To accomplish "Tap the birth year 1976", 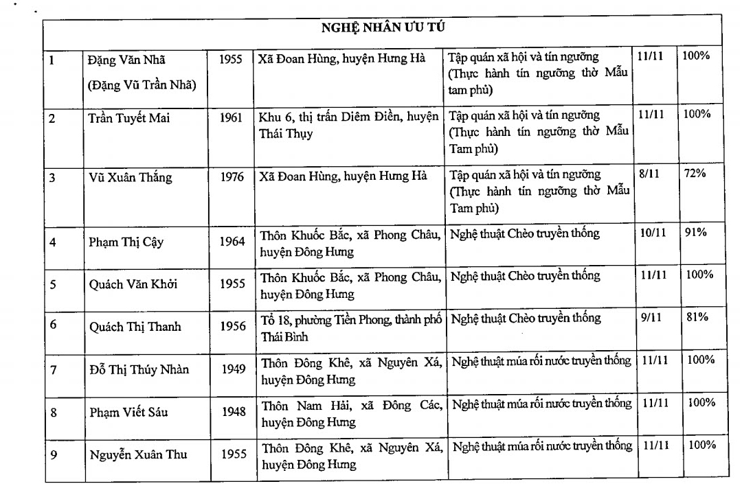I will point(232,178).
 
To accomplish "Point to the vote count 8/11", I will point(649,174).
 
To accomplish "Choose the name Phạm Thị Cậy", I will point(126,242).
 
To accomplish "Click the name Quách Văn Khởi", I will point(133,284).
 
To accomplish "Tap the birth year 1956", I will point(234,327).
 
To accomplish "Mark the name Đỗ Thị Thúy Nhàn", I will point(139,370).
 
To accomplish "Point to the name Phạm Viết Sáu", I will point(129,413).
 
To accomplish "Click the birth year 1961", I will point(232,118).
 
